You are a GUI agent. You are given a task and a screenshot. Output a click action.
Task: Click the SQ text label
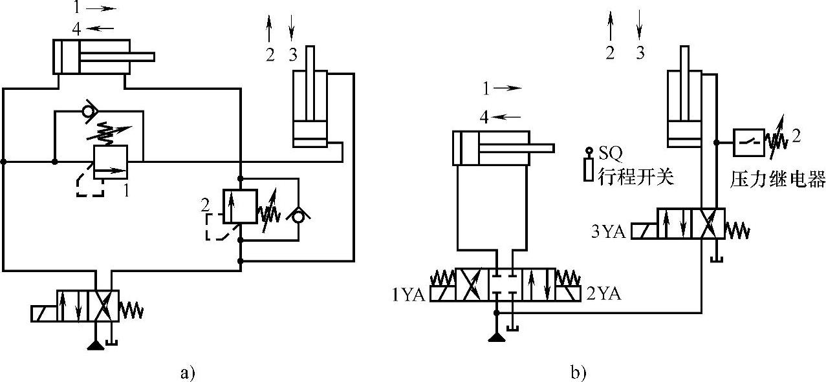(609, 153)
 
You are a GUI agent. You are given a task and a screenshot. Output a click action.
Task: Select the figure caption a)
(187, 373)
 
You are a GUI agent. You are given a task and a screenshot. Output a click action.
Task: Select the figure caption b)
(578, 373)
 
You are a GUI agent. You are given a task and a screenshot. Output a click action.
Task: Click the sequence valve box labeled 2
(239, 206)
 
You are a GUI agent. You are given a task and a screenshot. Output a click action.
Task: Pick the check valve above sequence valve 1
(90, 111)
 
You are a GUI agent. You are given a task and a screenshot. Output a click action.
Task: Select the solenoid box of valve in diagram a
(43, 313)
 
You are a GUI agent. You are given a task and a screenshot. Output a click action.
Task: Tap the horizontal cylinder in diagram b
(492, 148)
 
